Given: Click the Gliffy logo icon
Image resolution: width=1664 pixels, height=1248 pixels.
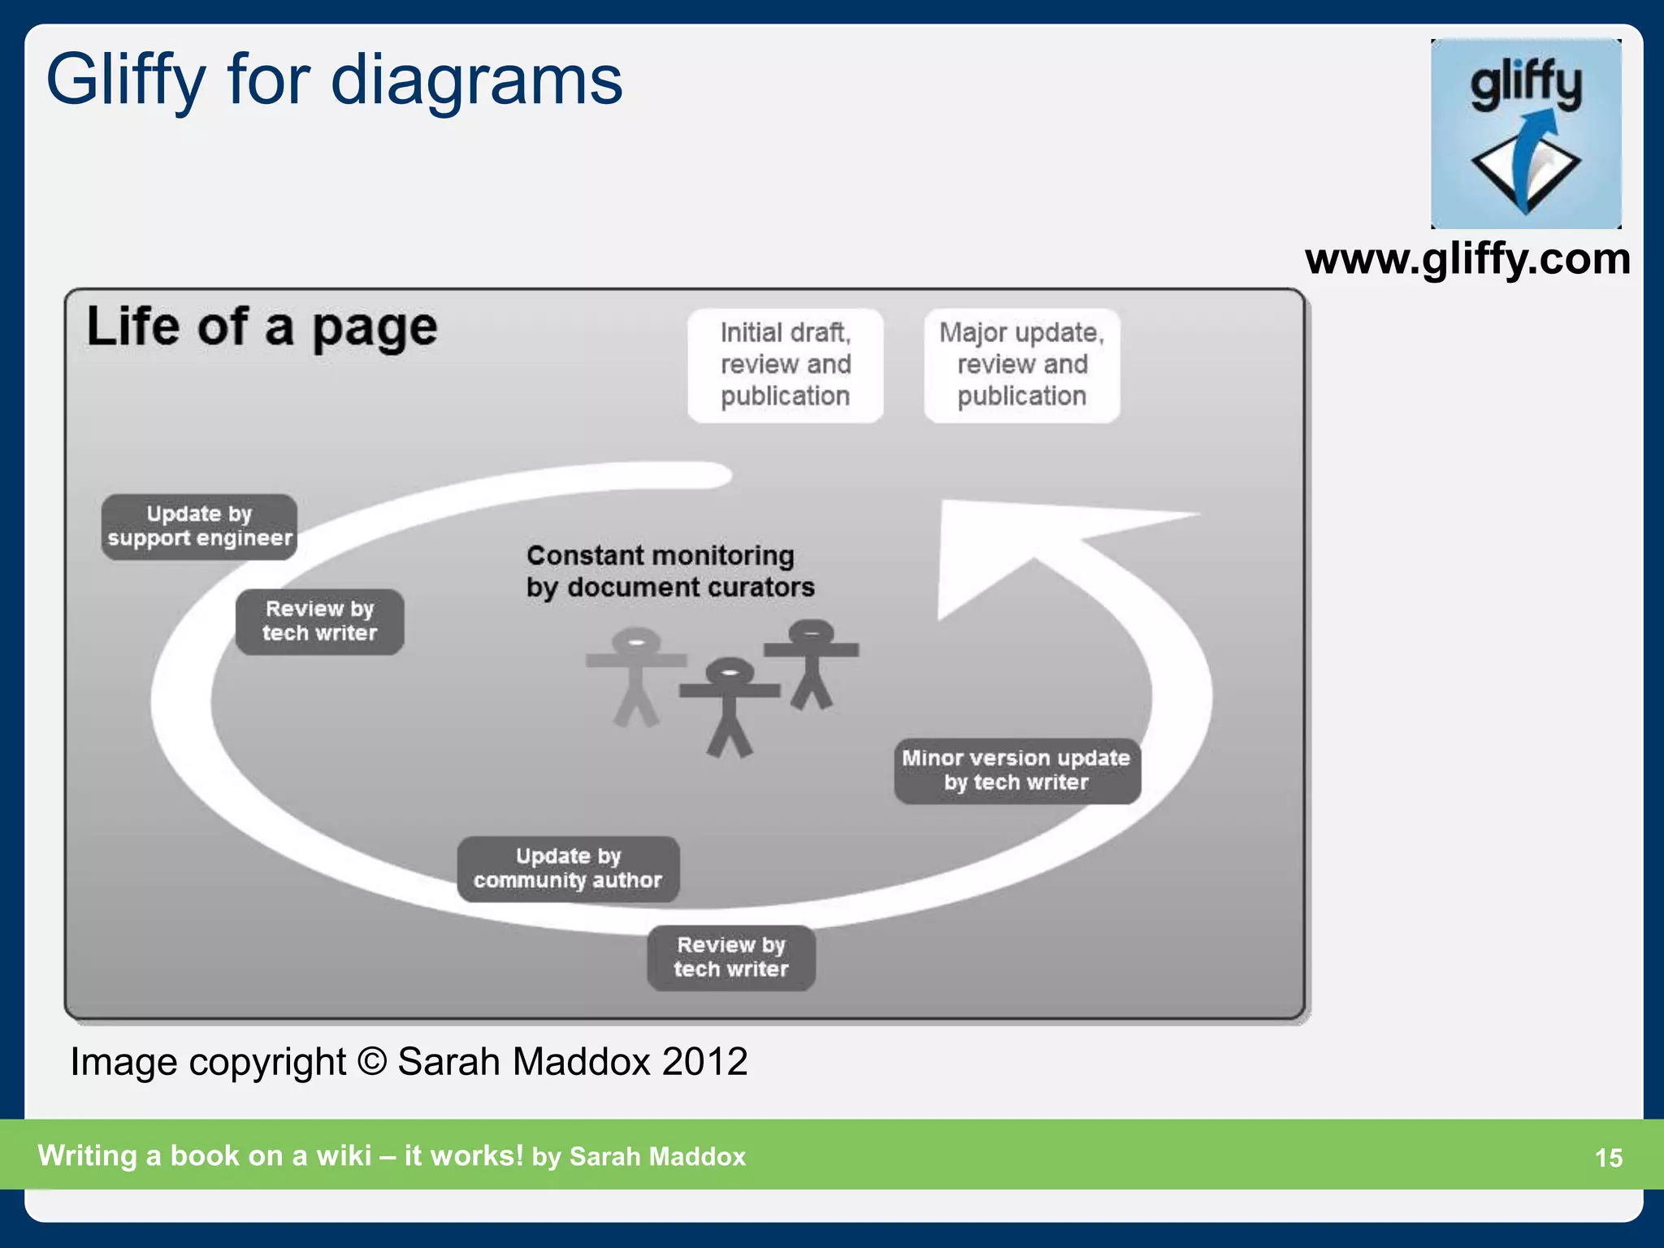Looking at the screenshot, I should [x=1526, y=134].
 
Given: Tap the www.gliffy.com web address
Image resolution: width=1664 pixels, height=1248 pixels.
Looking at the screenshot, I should [x=1467, y=260].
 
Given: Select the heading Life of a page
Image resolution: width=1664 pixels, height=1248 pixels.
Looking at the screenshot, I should [x=262, y=327].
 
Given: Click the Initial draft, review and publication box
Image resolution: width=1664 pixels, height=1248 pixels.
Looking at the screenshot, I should [x=785, y=365].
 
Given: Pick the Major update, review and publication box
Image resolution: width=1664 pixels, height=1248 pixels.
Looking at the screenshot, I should [x=1021, y=365].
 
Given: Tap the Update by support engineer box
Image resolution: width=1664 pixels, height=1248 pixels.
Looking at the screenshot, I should [x=199, y=526].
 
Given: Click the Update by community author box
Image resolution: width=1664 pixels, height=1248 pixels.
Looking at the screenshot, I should [x=568, y=869].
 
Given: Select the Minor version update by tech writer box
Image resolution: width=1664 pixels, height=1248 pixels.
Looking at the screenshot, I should [x=1016, y=770].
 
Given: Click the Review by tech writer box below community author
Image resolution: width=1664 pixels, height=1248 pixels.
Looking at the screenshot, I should [x=731, y=957].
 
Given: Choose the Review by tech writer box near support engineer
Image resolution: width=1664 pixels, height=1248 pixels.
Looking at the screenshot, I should [x=319, y=622].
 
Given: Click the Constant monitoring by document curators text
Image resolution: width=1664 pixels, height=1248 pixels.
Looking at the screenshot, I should [x=669, y=571].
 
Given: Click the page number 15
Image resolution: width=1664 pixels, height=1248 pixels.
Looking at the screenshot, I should [x=1608, y=1158].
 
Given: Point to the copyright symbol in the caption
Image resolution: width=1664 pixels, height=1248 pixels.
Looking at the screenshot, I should [x=371, y=1062].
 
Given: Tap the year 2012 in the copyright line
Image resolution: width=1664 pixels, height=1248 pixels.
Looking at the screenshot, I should [x=704, y=1062].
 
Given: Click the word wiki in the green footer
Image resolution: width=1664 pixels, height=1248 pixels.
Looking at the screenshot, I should [x=344, y=1155].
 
